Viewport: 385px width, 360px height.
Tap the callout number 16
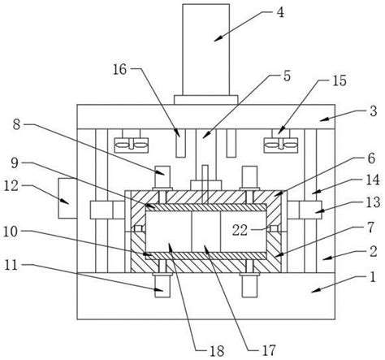[120, 69]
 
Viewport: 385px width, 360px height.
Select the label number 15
[340, 80]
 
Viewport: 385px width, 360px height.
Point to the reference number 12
[11, 186]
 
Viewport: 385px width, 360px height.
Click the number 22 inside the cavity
[240, 230]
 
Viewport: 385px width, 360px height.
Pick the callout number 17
[269, 350]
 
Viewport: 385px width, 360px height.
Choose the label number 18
[217, 351]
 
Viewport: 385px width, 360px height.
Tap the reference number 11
[11, 266]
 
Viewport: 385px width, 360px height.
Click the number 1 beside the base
[373, 277]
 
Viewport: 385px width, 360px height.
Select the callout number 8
[16, 125]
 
